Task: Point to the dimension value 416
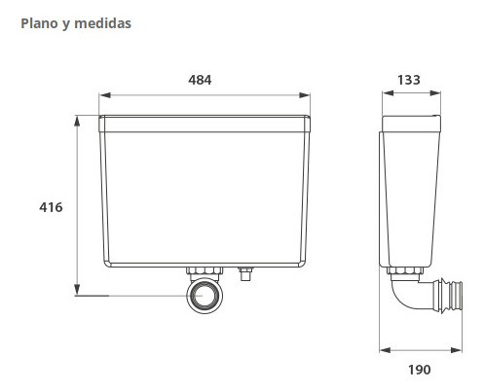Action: (51, 207)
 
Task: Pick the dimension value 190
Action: (420, 369)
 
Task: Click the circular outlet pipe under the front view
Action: (205, 296)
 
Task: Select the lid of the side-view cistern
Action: (409, 124)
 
